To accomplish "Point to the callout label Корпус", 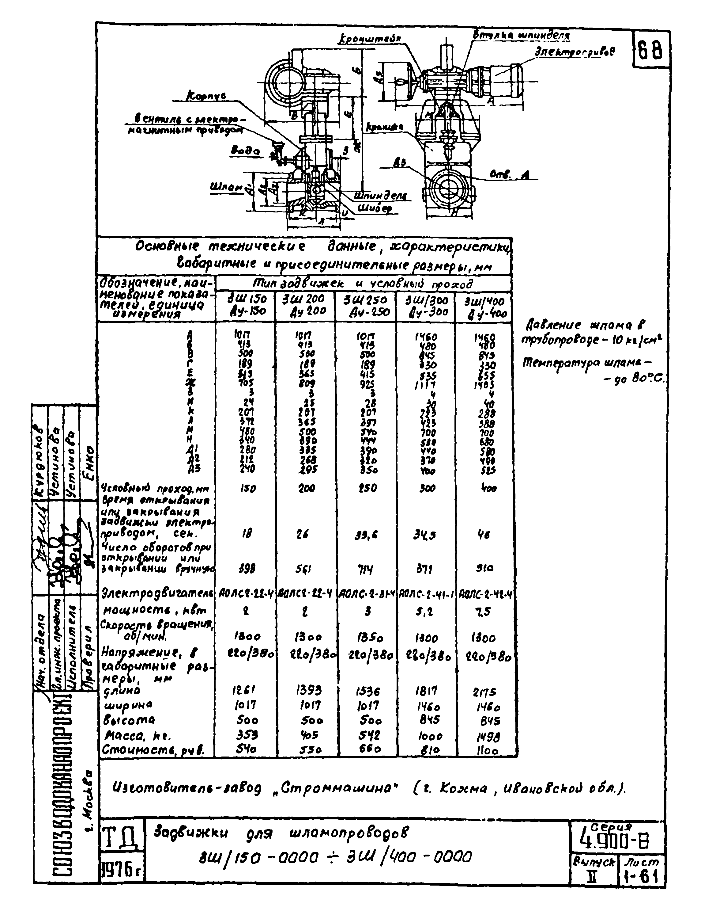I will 206,97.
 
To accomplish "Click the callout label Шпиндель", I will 381,196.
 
